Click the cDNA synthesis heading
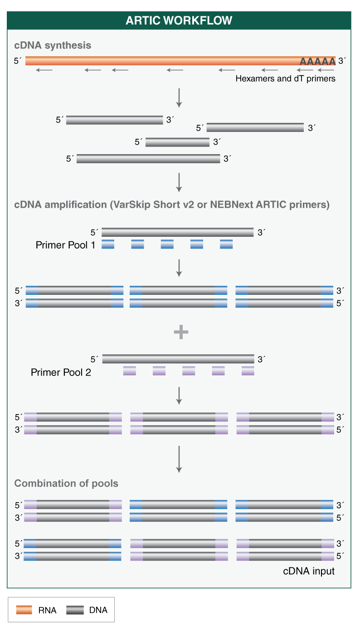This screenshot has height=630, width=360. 53,45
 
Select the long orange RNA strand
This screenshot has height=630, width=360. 159,61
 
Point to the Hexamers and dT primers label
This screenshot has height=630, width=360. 285,78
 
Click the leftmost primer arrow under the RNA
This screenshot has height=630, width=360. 44,70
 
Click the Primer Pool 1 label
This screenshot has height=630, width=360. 65,245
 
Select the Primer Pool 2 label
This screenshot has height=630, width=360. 61,372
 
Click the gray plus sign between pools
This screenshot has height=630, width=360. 181,332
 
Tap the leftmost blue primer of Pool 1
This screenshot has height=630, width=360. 108,244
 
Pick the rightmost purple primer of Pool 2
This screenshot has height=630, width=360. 248,371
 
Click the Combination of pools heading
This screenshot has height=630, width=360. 66,483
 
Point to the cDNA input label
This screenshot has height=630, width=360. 309,571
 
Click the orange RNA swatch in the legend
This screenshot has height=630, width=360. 24,610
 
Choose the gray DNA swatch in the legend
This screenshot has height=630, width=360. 75,610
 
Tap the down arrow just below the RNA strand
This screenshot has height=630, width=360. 179,98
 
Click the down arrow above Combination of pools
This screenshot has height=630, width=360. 179,459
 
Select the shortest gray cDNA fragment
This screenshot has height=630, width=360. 177,142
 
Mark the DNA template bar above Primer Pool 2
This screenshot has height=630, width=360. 178,359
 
